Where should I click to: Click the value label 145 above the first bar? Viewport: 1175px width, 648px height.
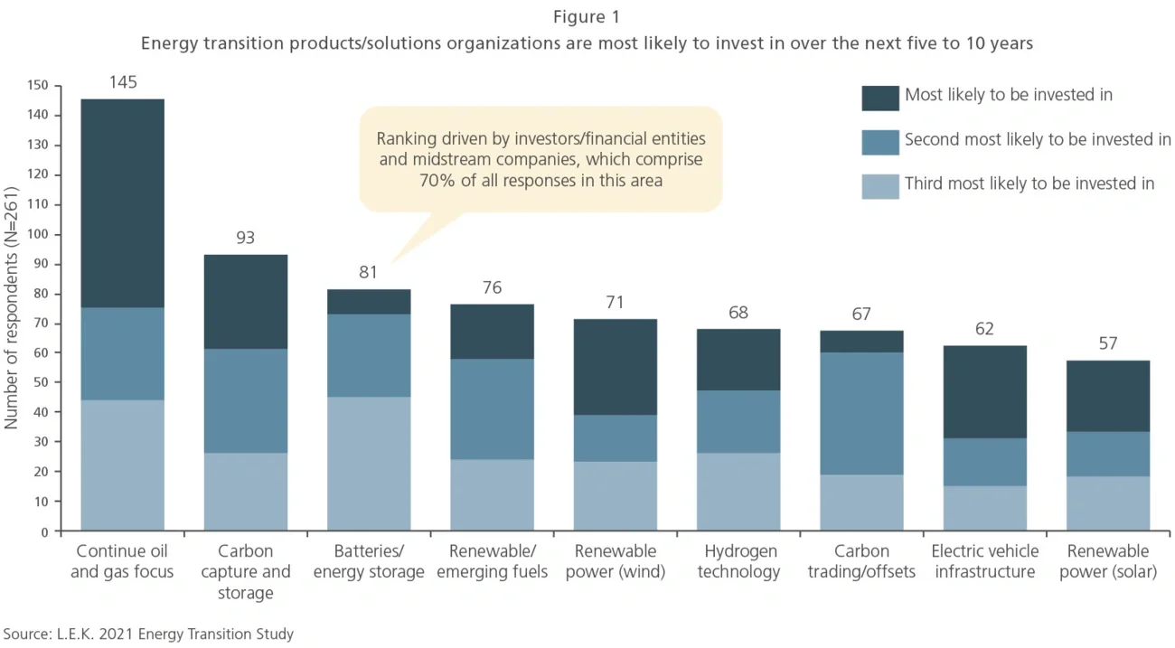coord(123,83)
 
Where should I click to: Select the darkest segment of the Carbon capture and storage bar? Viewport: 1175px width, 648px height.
coord(245,301)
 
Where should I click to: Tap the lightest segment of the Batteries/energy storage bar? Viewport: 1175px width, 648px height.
coord(369,463)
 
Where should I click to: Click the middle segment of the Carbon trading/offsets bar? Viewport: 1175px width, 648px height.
coord(861,413)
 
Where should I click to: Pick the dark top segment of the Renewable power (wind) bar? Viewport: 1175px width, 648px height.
coord(616,367)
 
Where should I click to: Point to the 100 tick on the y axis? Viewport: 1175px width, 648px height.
coord(39,235)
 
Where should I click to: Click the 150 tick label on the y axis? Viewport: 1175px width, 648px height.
coord(39,86)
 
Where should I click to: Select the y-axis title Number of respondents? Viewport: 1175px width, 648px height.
coord(13,307)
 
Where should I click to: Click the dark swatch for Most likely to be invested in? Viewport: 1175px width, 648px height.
coord(879,97)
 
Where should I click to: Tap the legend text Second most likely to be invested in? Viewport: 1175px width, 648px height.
coord(1037,139)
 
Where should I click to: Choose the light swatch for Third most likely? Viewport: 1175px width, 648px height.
coord(879,185)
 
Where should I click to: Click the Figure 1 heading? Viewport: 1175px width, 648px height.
coord(587,17)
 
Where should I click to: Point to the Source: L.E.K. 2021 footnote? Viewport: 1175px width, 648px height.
coord(148,634)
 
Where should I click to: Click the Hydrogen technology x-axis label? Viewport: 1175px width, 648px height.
coord(738,561)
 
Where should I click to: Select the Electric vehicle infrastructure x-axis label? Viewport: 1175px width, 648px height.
coord(984,561)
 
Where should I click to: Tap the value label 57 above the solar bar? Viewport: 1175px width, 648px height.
coord(1108,343)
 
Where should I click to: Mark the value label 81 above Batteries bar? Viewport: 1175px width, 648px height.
coord(368,272)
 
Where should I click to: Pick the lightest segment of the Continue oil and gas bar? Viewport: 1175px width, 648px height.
coord(123,465)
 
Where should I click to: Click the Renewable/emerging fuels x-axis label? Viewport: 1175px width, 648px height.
coord(492,561)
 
